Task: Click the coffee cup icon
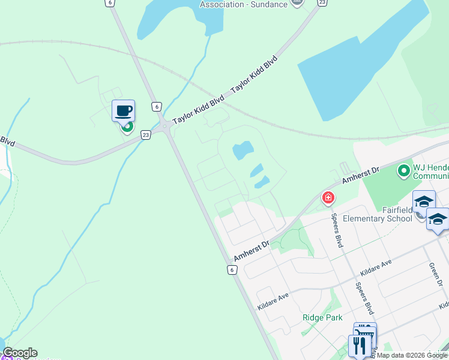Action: click(x=123, y=111)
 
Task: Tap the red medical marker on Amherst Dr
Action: click(x=328, y=197)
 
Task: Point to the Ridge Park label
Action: click(x=321, y=317)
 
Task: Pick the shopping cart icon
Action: click(x=365, y=333)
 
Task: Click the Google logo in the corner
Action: click(x=20, y=353)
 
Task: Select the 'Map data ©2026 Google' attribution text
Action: click(x=412, y=355)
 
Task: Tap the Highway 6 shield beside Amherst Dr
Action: click(x=232, y=270)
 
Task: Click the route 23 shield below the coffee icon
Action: click(x=146, y=135)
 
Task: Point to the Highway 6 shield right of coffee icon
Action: click(x=156, y=107)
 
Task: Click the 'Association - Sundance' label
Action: click(x=243, y=4)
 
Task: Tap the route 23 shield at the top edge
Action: click(x=322, y=2)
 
